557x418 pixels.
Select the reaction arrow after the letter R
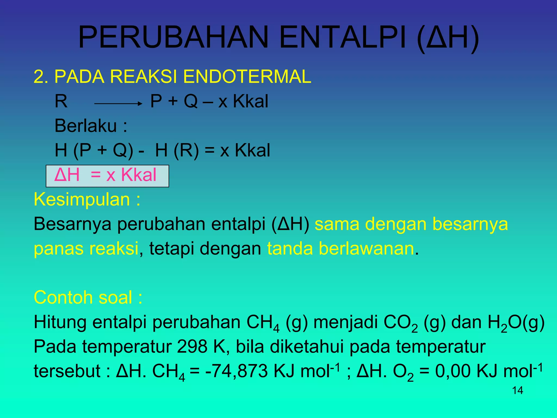[118, 103]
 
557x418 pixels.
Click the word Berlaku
[86, 126]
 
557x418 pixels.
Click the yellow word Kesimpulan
[82, 199]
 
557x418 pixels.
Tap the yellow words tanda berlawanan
[341, 248]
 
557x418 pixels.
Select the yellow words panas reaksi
[86, 248]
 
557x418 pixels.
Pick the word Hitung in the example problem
[60, 322]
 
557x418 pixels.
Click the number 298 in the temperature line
[192, 347]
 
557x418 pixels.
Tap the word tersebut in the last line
[67, 371]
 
